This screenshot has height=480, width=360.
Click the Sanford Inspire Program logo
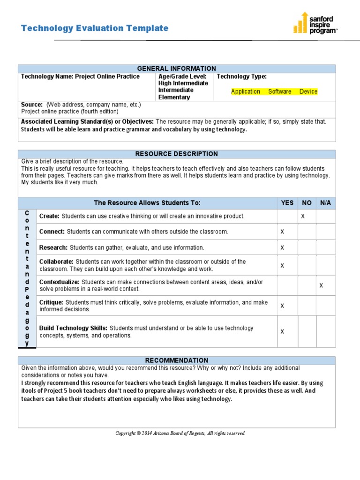pyautogui.click(x=315, y=23)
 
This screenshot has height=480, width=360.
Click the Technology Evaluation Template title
pyautogui.click(x=95, y=28)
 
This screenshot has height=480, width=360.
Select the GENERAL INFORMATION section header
pyautogui.click(x=176, y=68)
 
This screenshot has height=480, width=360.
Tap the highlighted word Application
pyautogui.click(x=246, y=91)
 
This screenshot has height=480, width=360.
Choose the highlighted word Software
pyautogui.click(x=279, y=91)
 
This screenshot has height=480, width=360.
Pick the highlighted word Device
pyautogui.click(x=308, y=91)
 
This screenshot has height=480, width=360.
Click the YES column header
pyautogui.click(x=287, y=203)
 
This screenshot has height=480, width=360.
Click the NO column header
pyautogui.click(x=307, y=203)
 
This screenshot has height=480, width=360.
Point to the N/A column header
pyautogui.click(x=325, y=203)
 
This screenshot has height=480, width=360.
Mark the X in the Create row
pyautogui.click(x=302, y=216)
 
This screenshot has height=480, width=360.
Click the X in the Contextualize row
pyautogui.click(x=321, y=285)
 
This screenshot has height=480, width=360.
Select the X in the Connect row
pyautogui.click(x=282, y=232)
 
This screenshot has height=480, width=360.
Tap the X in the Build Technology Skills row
pyautogui.click(x=282, y=332)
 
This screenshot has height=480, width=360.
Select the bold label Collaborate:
pyautogui.click(x=56, y=262)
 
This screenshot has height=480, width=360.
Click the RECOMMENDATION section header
pyautogui.click(x=176, y=360)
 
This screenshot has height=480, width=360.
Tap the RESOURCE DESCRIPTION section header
pyautogui.click(x=176, y=154)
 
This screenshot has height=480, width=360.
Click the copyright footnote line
pyautogui.click(x=180, y=433)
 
